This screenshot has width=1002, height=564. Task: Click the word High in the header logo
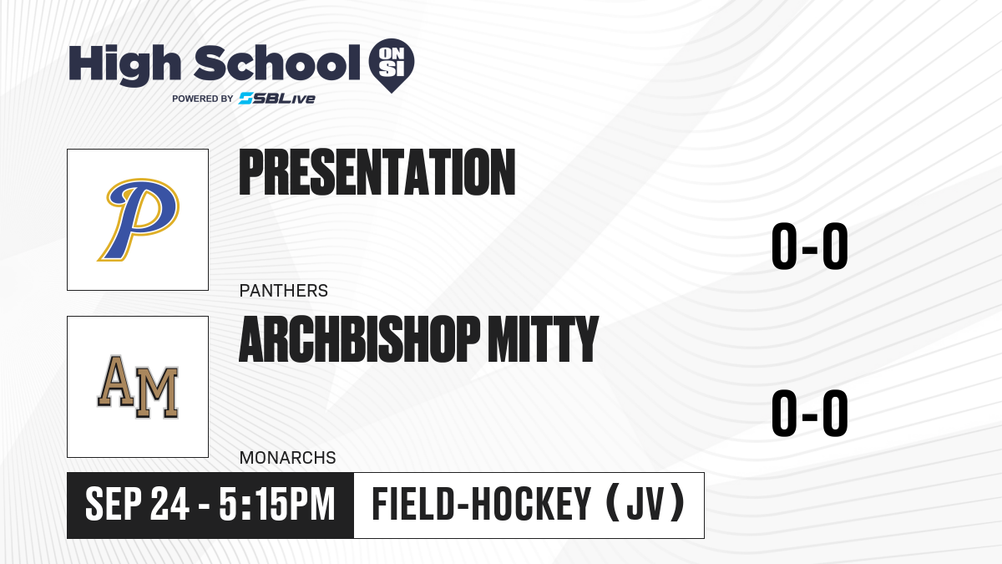(124, 65)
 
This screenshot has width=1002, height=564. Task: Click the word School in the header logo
(277, 63)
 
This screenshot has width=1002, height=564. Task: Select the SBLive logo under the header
(277, 99)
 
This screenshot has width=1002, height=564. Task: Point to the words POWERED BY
(203, 99)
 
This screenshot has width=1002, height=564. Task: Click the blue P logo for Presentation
(139, 219)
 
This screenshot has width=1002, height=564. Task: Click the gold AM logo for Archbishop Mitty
(138, 387)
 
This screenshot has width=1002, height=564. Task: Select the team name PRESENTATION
(377, 172)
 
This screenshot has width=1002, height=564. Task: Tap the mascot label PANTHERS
(284, 291)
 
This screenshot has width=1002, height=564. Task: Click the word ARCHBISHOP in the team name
(360, 339)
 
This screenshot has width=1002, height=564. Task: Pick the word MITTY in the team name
(543, 339)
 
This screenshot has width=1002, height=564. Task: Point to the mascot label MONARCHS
(287, 458)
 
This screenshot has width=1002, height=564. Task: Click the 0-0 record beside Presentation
(810, 246)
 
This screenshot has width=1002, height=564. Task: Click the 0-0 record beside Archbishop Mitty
(810, 413)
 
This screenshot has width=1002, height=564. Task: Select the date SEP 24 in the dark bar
(137, 505)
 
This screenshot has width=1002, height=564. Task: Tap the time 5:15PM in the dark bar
(277, 505)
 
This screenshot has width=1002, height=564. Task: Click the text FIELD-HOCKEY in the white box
(482, 505)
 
